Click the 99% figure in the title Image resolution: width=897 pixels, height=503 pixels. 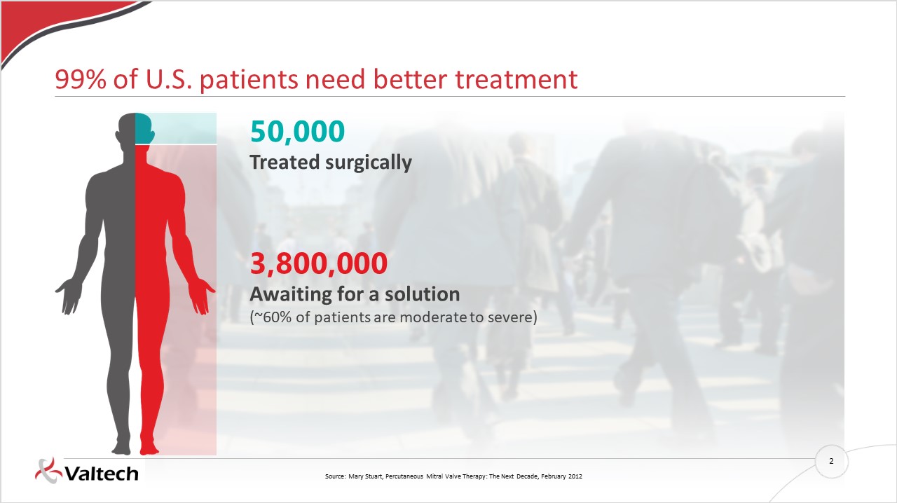coord(81,79)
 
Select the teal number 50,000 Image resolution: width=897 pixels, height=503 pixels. coord(297,132)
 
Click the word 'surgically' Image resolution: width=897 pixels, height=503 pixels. coord(369,163)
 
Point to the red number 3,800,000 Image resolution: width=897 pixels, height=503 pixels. coord(319,263)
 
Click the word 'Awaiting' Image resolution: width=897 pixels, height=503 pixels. coord(290,294)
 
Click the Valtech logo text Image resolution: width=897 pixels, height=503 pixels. coord(102,474)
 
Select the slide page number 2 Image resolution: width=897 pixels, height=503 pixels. coord(831,461)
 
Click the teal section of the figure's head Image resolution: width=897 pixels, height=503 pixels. coord(144,129)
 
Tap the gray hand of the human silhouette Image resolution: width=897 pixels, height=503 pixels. coord(69,296)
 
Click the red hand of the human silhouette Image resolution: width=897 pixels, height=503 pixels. coord(202,296)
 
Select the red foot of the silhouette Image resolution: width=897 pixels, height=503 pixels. coord(149,448)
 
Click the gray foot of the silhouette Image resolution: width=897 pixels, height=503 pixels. coord(121,448)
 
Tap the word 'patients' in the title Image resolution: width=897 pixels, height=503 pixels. coord(249,80)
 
